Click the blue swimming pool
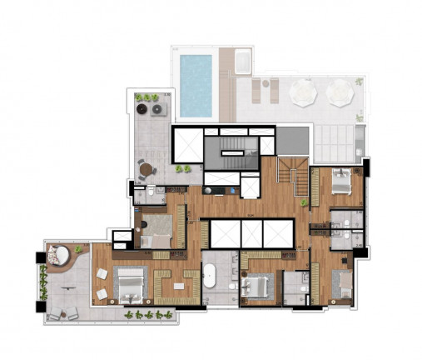click(x=196, y=84)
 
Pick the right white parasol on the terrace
click(x=340, y=93)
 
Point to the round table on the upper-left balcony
click(x=147, y=170)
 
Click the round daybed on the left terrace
click(x=57, y=253)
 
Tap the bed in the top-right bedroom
click(x=341, y=182)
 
